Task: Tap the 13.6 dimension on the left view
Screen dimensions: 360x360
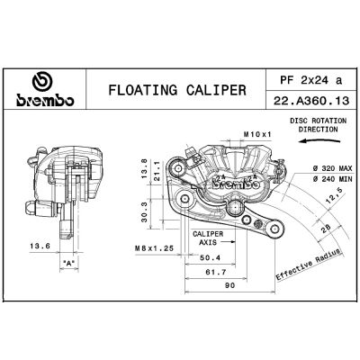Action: coord(39,245)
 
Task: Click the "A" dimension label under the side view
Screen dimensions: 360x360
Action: coord(69,264)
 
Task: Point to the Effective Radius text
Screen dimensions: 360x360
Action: coord(308,261)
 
